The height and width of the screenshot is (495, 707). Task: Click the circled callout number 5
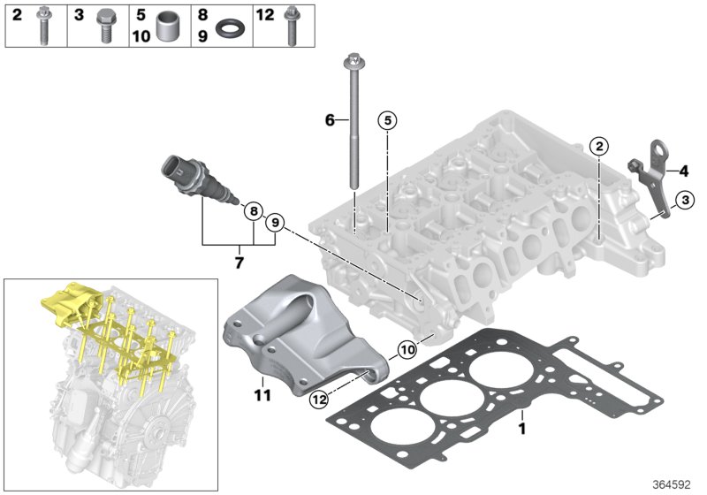pos(386,121)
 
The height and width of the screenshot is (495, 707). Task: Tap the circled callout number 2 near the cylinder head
pos(598,147)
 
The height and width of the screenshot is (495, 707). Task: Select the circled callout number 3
pos(684,202)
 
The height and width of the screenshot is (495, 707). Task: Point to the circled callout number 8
pos(252,211)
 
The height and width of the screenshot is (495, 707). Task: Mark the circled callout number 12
pos(318,400)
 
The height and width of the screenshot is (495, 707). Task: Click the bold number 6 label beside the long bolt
pos(331,119)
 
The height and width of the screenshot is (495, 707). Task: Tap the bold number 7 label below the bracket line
pos(239,263)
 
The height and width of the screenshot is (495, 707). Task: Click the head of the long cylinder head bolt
pos(351,62)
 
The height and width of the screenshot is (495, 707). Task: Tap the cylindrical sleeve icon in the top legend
pos(168,25)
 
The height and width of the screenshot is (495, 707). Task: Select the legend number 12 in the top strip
pos(265,14)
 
